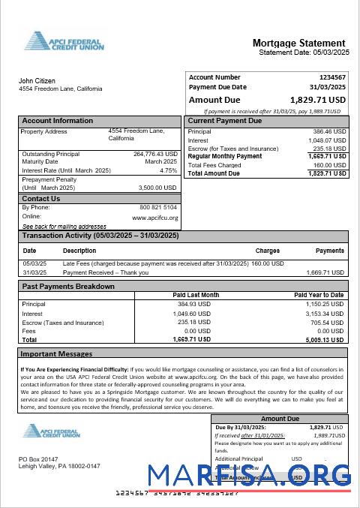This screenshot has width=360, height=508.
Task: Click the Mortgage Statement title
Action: pos(298,43)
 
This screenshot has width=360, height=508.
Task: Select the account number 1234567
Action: pos(331,77)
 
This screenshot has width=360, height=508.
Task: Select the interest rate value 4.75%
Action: pos(168,170)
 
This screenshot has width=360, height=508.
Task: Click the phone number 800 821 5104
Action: pos(158,207)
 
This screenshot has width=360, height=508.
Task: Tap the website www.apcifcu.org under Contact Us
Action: pos(154,218)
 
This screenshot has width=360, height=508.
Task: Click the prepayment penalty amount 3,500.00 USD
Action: pos(157,188)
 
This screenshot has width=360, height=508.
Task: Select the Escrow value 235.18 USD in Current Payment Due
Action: pos(329,149)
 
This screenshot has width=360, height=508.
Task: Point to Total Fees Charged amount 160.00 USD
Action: pos(329,165)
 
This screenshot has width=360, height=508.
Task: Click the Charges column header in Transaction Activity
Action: pos(267,251)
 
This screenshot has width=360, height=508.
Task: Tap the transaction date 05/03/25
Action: pos(34,263)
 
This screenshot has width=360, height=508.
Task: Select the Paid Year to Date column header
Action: pos(318,296)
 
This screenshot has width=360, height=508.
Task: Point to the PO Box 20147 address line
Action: pos(40,458)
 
